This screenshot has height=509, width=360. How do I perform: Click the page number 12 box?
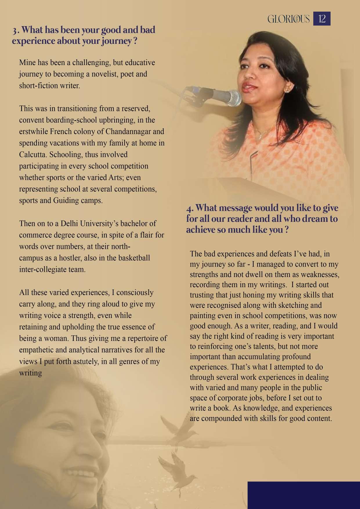pyautogui.click(x=322, y=19)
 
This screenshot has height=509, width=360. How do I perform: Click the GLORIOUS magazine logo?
pyautogui.click(x=288, y=19)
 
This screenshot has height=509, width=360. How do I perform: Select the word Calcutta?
pyautogui.click(x=32, y=154)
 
